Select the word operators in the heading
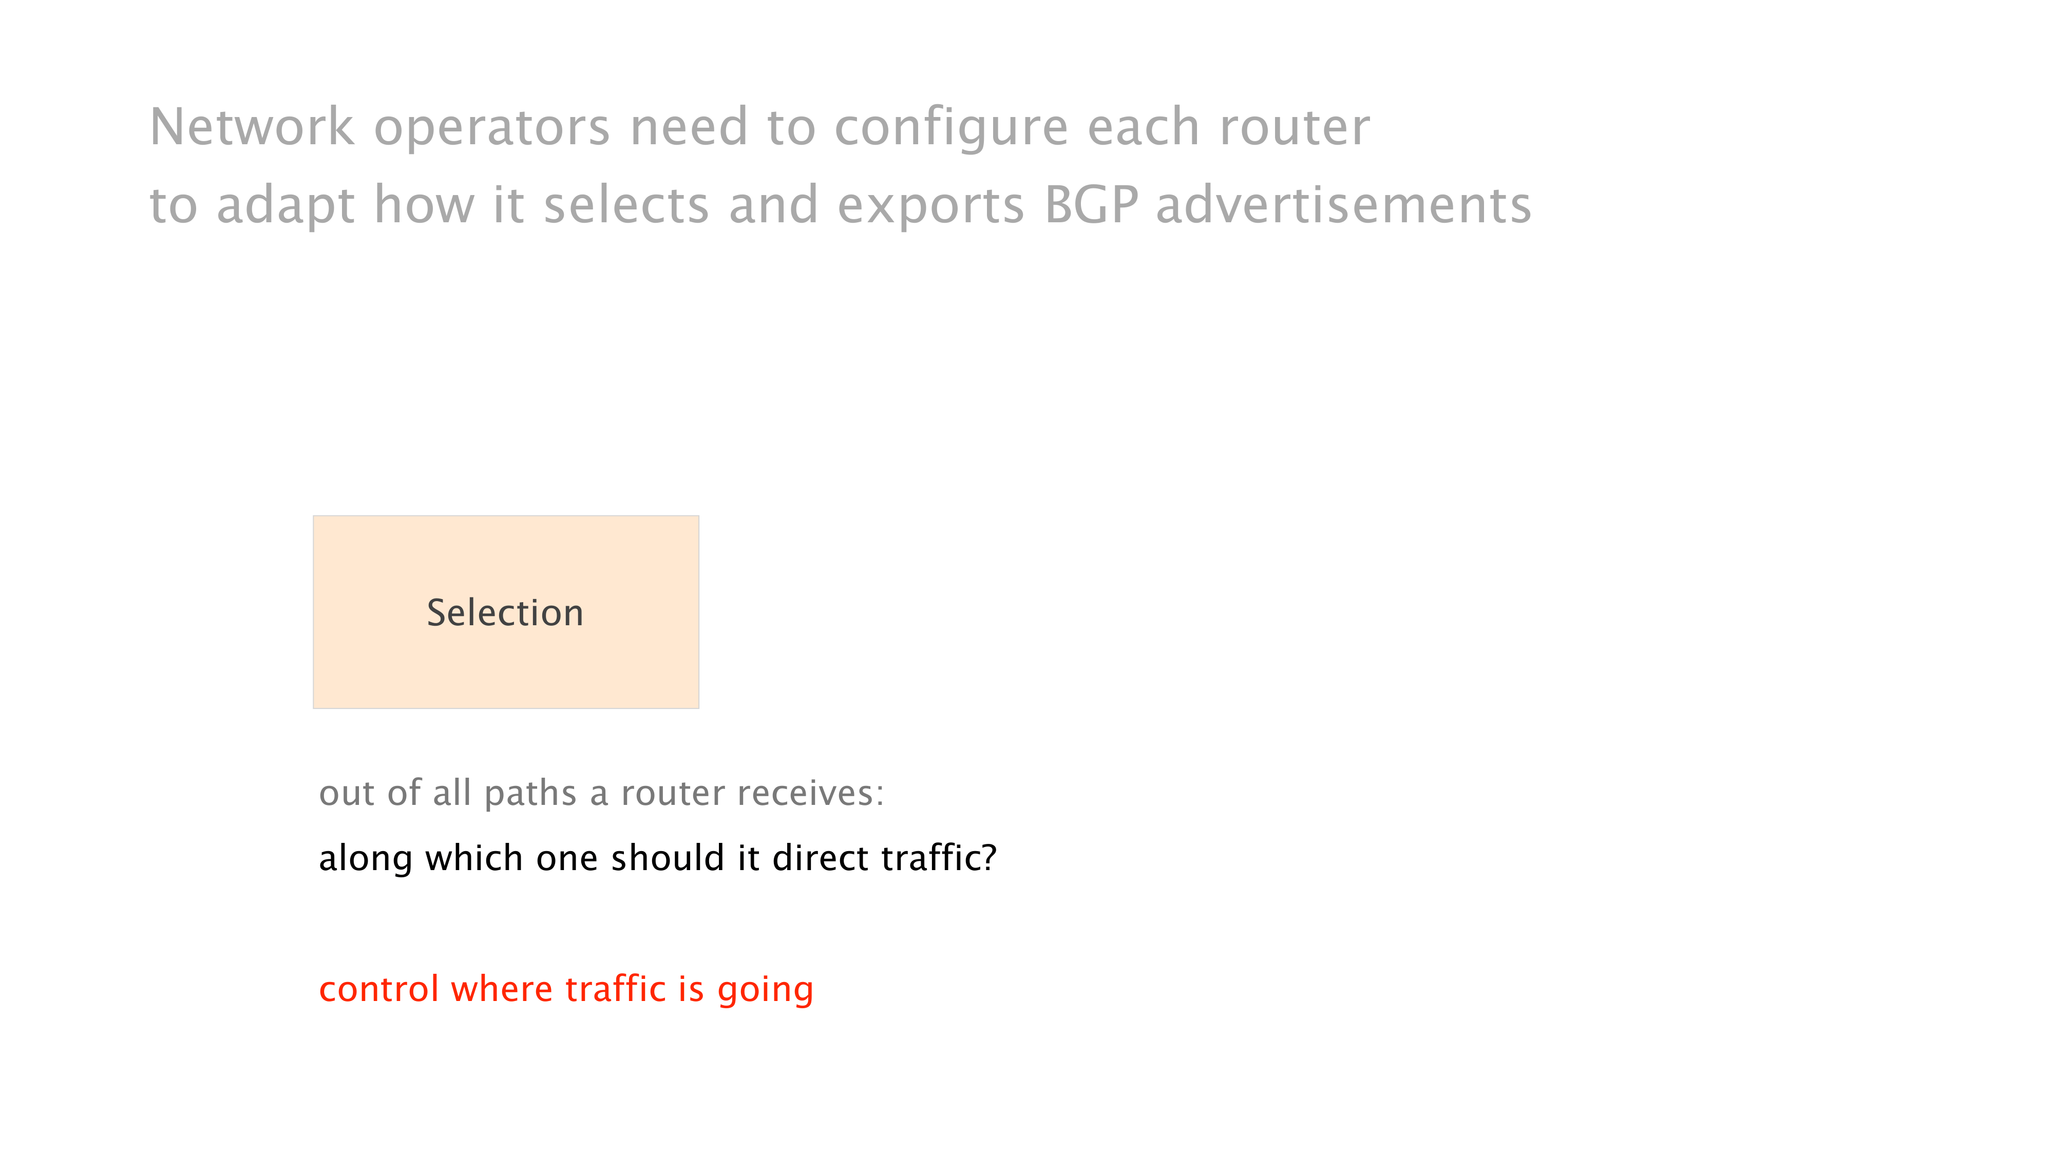492,129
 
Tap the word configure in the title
950,129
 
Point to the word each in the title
1144,127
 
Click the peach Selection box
505,612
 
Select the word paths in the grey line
530,795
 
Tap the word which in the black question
473,858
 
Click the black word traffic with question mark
939,858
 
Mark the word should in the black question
668,858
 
